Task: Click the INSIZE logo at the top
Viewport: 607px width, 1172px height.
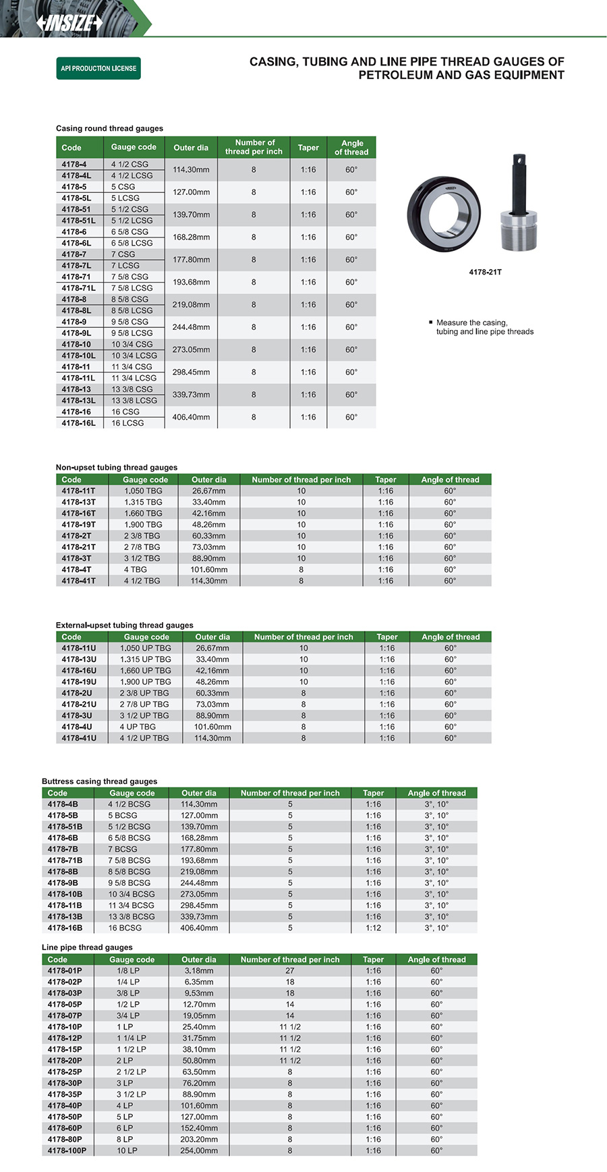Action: [x=69, y=22]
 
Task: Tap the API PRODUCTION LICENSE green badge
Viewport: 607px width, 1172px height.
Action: [x=98, y=68]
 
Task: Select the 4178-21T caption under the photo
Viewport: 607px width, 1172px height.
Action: [x=485, y=273]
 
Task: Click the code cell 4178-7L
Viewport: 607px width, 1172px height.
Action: [x=76, y=266]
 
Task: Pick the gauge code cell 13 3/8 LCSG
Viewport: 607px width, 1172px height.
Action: [x=134, y=401]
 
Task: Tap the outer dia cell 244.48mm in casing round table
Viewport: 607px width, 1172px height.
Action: [x=191, y=327]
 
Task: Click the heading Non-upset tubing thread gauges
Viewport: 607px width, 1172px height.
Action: [x=117, y=467]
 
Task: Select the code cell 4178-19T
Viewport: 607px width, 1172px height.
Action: [x=78, y=525]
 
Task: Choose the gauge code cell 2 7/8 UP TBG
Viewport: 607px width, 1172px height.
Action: [x=144, y=704]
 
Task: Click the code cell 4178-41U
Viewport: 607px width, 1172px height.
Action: [x=79, y=738]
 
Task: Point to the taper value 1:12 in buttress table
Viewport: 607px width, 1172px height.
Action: [x=373, y=928]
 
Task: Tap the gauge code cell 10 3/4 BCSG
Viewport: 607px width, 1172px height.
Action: [x=132, y=895]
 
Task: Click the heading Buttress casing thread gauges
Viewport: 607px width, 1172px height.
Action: [x=99, y=781]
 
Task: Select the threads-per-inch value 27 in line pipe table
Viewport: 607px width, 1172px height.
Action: [x=290, y=971]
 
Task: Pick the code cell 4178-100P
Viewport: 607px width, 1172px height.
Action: [x=67, y=1151]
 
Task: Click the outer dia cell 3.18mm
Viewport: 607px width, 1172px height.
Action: [x=199, y=971]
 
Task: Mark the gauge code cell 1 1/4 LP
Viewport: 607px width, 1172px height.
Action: [x=132, y=1038]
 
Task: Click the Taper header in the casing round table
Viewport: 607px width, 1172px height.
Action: [x=308, y=148]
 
